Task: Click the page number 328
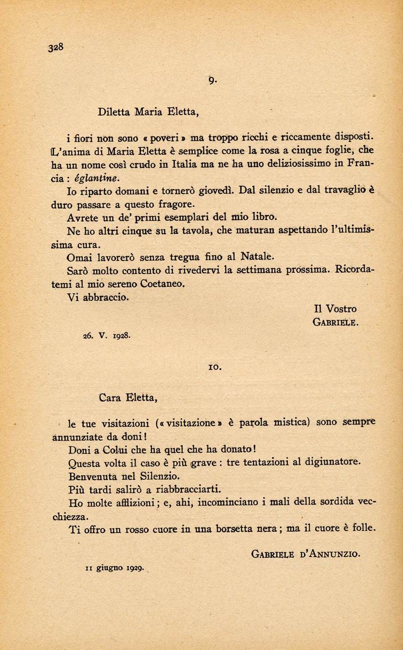coord(55,47)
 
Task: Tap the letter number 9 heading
coord(212,81)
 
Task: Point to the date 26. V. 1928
coord(106,336)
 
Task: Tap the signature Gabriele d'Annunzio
coord(306,554)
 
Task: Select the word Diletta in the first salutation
coord(114,112)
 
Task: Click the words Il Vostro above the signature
coord(335,309)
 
